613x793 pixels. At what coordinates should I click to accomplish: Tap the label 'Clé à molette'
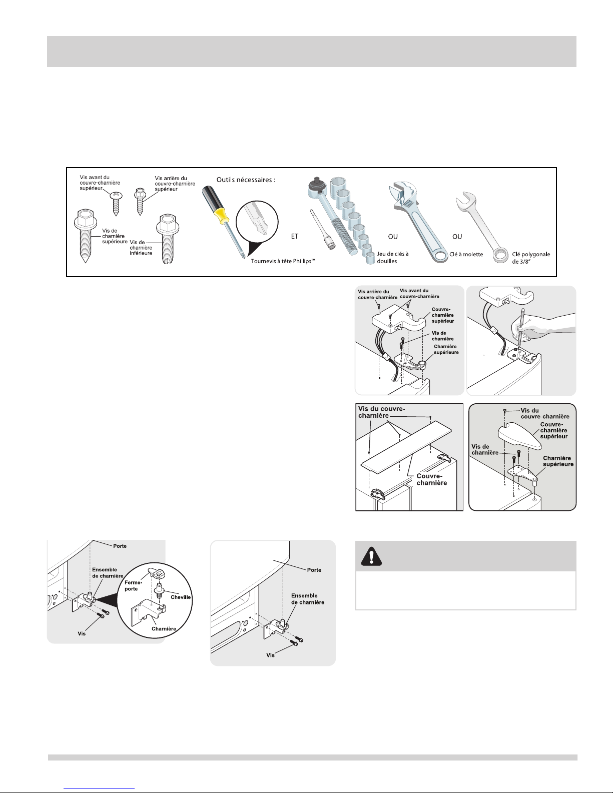pyautogui.click(x=466, y=254)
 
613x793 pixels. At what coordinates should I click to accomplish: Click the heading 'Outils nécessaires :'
pyautogui.click(x=246, y=180)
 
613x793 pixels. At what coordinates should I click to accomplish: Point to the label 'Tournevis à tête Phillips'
pyautogui.click(x=283, y=261)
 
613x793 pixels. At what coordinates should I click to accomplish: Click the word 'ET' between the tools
pyautogui.click(x=294, y=237)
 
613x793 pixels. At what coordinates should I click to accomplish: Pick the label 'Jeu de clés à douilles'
pyautogui.click(x=393, y=257)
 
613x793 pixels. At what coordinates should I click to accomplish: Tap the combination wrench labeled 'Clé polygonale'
pyautogui.click(x=481, y=226)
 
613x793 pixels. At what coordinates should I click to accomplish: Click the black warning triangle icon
pyautogui.click(x=371, y=556)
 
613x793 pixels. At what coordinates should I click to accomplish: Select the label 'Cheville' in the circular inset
pyautogui.click(x=181, y=597)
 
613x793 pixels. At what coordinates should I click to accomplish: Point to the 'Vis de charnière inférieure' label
pyautogui.click(x=141, y=248)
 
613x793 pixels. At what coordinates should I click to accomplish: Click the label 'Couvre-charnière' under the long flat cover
pyautogui.click(x=431, y=479)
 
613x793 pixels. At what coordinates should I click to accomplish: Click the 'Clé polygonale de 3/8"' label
pyautogui.click(x=531, y=258)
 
